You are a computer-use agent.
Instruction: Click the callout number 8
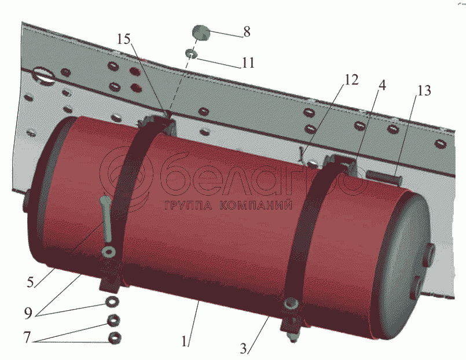(x=247, y=32)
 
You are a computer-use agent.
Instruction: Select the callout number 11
(x=248, y=62)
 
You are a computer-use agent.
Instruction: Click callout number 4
(x=382, y=85)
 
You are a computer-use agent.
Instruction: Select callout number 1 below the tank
(x=185, y=341)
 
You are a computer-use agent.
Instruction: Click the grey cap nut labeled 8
(x=201, y=32)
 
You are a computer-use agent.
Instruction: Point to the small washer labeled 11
(x=191, y=54)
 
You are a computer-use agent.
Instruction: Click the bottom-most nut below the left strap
(x=114, y=338)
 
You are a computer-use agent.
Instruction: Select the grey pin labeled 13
(x=383, y=175)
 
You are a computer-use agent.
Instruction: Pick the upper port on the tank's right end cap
(x=431, y=253)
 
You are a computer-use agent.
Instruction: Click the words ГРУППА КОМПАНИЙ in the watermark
(x=226, y=205)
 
